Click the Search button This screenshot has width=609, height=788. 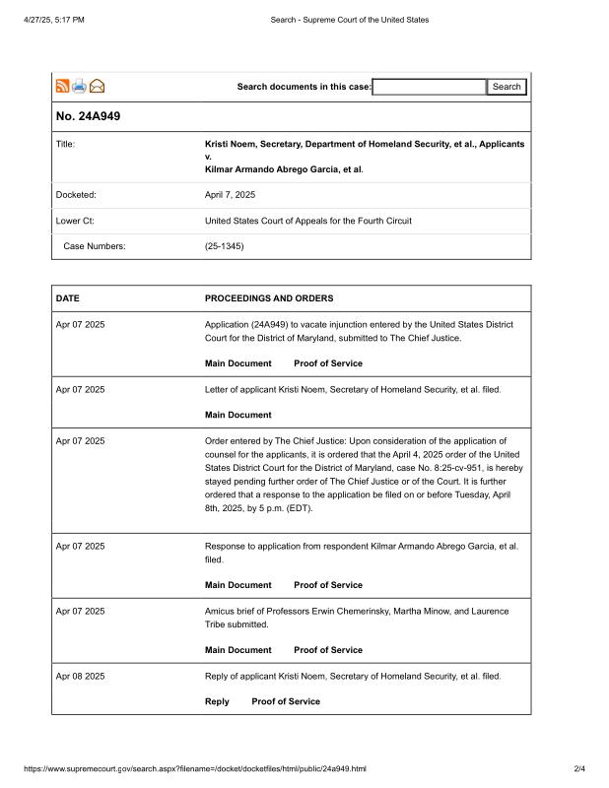pyautogui.click(x=507, y=87)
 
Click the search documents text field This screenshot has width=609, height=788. pyautogui.click(x=429, y=87)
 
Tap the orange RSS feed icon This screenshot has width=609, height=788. pyautogui.click(x=62, y=87)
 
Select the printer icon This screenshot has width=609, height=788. pyautogui.click(x=79, y=87)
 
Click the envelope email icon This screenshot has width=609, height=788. pyautogui.click(x=98, y=87)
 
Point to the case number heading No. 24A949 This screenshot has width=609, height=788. pyautogui.click(x=89, y=117)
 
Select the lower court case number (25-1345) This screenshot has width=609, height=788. pyautogui.click(x=224, y=246)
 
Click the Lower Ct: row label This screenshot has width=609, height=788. pyautogui.click(x=75, y=221)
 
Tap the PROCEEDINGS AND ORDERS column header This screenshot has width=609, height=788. pyautogui.click(x=269, y=298)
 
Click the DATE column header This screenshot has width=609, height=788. pyautogui.click(x=68, y=298)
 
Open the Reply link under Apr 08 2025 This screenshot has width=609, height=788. pyautogui.click(x=217, y=701)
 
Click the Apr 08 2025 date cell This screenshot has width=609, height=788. pyautogui.click(x=80, y=676)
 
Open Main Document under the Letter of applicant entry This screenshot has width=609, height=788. pyautogui.click(x=237, y=415)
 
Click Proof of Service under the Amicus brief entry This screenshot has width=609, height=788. pyautogui.click(x=328, y=650)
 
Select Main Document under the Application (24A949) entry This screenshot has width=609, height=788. pyautogui.click(x=237, y=363)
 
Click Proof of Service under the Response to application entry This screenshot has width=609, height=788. pyautogui.click(x=328, y=585)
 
